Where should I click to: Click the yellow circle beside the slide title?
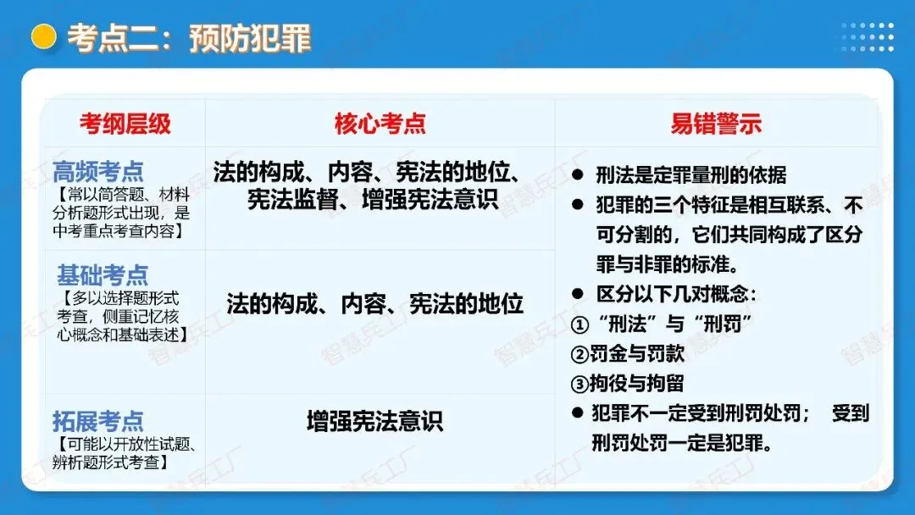tap(43, 36)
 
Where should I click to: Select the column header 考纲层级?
tap(125, 124)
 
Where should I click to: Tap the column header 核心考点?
tap(380, 124)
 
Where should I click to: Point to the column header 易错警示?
tap(716, 124)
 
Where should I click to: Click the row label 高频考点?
tap(98, 172)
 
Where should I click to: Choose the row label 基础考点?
tap(103, 275)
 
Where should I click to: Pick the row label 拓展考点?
tap(98, 421)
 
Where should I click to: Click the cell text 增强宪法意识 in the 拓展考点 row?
tap(374, 421)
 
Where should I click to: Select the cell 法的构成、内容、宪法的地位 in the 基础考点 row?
tap(375, 304)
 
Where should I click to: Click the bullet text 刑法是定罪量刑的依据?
tap(690, 175)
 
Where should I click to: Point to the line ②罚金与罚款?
tap(627, 353)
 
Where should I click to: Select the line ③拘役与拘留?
tap(627, 383)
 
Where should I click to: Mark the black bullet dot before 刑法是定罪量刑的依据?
tap(578, 175)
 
